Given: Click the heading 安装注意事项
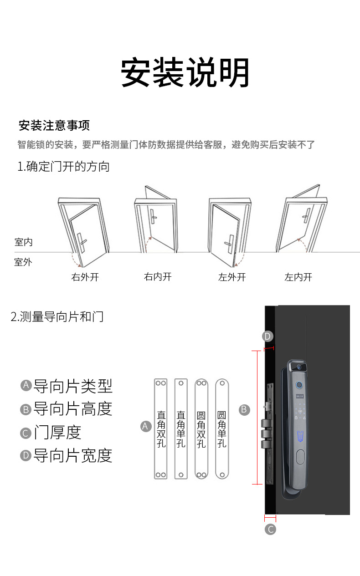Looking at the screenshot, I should (x=54, y=125).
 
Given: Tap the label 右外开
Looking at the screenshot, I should (x=85, y=277).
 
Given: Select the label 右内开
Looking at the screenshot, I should (x=158, y=277).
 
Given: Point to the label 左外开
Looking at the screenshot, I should (x=232, y=277).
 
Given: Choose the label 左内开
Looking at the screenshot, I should (x=298, y=277).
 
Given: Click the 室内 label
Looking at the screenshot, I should (x=23, y=242).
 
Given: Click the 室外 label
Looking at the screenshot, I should (x=23, y=262).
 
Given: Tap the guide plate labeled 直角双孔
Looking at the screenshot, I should (x=161, y=428).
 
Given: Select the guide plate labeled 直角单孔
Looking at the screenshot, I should (x=181, y=428).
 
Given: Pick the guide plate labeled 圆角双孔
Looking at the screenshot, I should (x=201, y=428).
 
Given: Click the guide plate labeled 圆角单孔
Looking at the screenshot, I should (x=222, y=428).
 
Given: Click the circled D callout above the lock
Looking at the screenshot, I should (x=267, y=336).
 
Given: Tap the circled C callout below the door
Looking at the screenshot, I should (x=270, y=529).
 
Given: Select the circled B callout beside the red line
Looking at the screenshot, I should (x=244, y=409).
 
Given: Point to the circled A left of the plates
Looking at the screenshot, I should (x=145, y=426).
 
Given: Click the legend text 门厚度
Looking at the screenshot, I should (x=57, y=432).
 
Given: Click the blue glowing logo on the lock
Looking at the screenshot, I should (x=300, y=436).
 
